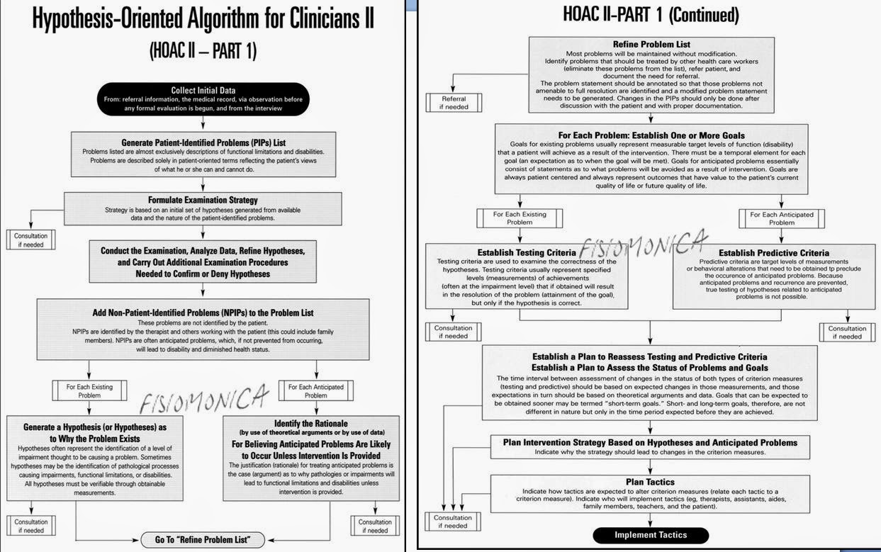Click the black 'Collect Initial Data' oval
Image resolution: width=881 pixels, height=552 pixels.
pos(203,99)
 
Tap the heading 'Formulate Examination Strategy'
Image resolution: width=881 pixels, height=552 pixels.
pos(203,200)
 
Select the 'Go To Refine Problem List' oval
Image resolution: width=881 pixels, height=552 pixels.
pos(203,540)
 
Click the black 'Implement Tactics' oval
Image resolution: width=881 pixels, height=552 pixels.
pos(650,535)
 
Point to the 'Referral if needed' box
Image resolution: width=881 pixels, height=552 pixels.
pos(454,103)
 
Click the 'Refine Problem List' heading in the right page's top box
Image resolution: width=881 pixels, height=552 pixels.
pos(651,45)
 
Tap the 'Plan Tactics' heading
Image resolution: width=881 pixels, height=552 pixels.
pos(650,482)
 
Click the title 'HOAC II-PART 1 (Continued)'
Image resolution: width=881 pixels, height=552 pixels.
pos(650,14)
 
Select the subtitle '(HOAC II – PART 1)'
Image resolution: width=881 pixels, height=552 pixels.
pos(203,51)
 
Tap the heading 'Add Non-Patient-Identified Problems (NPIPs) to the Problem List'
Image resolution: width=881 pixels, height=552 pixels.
pos(203,312)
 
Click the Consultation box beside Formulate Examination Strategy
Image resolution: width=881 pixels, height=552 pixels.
pos(30,240)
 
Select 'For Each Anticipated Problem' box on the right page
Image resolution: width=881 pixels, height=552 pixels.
pos(782,218)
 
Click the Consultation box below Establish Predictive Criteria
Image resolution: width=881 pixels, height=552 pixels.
pos(846,332)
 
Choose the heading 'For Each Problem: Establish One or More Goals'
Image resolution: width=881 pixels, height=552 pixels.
pos(650,135)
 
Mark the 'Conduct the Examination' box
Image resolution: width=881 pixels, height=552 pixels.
pos(203,262)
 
